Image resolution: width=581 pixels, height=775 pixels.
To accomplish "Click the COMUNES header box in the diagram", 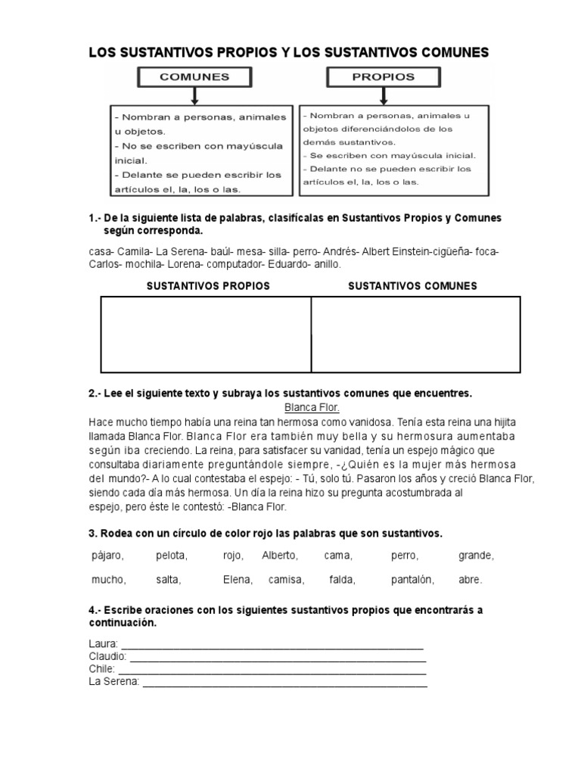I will pyautogui.click(x=194, y=77).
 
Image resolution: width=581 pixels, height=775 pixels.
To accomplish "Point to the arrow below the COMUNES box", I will pyautogui.click(x=194, y=96).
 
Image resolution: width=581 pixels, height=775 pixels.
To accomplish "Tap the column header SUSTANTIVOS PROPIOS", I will pyautogui.click(x=207, y=286).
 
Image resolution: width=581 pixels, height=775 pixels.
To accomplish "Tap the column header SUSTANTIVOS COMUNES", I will pyautogui.click(x=412, y=286).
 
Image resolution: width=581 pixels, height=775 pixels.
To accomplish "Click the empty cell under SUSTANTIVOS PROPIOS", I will pyautogui.click(x=206, y=335).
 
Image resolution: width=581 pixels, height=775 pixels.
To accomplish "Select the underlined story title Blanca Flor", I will pyautogui.click(x=312, y=407).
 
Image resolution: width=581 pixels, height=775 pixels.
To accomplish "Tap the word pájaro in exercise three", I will pyautogui.click(x=107, y=556).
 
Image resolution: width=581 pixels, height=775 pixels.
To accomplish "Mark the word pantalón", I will pyautogui.click(x=412, y=580).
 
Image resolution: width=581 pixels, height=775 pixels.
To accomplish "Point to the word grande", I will pyautogui.click(x=476, y=556).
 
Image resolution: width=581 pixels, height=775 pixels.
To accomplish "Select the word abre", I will pyautogui.click(x=470, y=580).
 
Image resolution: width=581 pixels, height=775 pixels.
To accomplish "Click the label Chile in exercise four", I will pyautogui.click(x=101, y=669).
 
